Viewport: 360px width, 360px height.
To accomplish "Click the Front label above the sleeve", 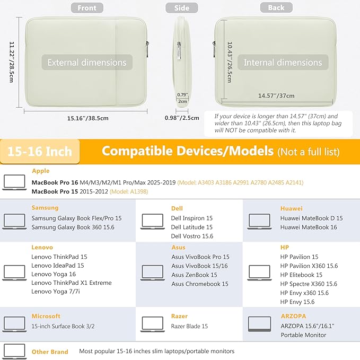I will (87, 8).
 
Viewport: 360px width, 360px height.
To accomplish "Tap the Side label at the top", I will (181, 8).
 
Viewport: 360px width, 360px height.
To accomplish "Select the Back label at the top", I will (276, 8).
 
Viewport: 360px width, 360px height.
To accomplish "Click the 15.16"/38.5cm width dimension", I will (87, 118).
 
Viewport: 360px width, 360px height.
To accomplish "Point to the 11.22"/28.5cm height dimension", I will (10, 62).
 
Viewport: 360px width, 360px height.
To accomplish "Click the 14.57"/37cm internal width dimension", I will (276, 96).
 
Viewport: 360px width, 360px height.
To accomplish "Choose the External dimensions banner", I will (87, 63).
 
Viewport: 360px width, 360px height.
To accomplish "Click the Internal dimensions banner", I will (283, 63).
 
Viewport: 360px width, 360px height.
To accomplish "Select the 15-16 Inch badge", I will (40, 152).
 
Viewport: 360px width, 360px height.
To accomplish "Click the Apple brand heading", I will (41, 171).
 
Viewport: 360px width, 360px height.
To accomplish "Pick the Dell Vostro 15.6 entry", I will (192, 236).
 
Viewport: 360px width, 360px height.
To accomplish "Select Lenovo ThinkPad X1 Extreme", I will (65, 283).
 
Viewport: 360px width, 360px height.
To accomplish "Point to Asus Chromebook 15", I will (199, 284).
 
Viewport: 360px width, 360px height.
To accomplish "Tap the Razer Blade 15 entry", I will (189, 327).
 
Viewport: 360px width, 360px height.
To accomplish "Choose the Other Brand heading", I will (50, 352).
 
